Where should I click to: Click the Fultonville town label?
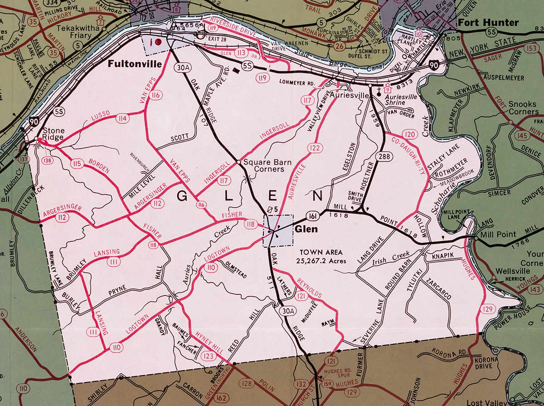point(135,64)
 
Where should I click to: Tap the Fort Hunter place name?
point(488,23)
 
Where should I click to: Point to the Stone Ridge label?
point(53,134)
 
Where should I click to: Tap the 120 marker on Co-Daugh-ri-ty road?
point(410,134)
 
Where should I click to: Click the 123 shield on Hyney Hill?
point(209,356)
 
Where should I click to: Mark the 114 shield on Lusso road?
point(121,118)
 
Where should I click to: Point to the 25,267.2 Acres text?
point(320,261)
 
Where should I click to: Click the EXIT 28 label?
point(216,39)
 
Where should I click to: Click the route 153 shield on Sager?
point(529,48)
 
